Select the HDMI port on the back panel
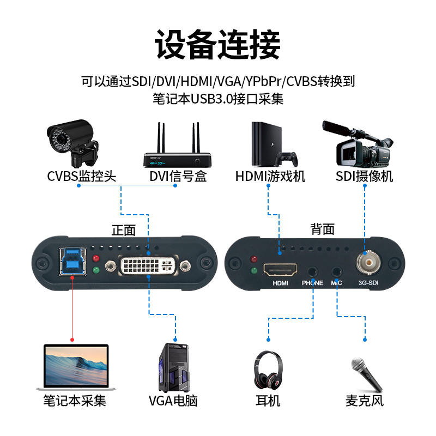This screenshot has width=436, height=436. pyautogui.click(x=281, y=269)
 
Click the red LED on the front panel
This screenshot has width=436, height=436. pyautogui.click(x=96, y=258)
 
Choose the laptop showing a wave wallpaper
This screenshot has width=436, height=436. pyautogui.click(x=76, y=367)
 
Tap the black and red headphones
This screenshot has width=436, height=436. pyautogui.click(x=268, y=370)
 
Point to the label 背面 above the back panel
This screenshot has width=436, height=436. pyautogui.click(x=323, y=229)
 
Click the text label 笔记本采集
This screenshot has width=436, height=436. pyautogui.click(x=75, y=401)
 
